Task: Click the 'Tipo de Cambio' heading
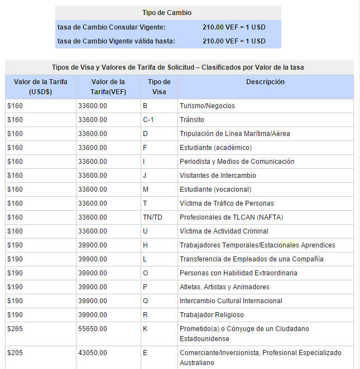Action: pos(167,13)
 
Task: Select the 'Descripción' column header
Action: pos(265,82)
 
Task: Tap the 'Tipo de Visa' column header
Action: pos(159,87)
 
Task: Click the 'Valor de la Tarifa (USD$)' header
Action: pos(41,87)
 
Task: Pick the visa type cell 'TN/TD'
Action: pos(152,217)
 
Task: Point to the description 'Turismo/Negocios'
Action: pos(207,106)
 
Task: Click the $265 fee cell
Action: pos(15,329)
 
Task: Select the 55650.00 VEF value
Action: pos(93,329)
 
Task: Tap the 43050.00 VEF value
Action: pos(93,353)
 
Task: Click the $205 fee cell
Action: pos(15,353)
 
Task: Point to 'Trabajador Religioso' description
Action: pos(212,315)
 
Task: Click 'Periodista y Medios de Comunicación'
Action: pos(237,162)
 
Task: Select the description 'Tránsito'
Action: pos(192,120)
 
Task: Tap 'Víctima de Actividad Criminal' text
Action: pos(224,231)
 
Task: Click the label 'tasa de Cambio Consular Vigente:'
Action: pos(112,27)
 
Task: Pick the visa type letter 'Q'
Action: pos(145,301)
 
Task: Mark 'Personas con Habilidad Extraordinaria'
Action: pos(238,273)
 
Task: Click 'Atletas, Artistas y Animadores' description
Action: pos(224,287)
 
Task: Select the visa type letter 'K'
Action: pos(145,329)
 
